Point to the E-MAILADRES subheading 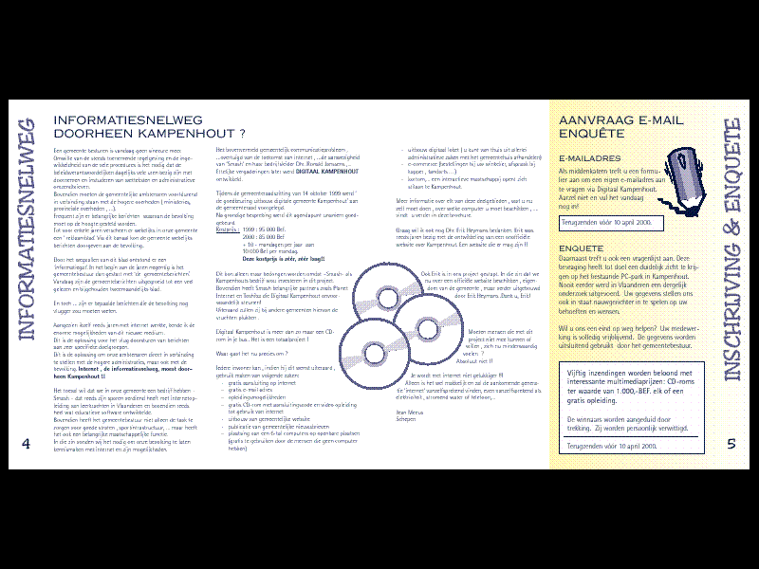pyautogui.click(x=591, y=158)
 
